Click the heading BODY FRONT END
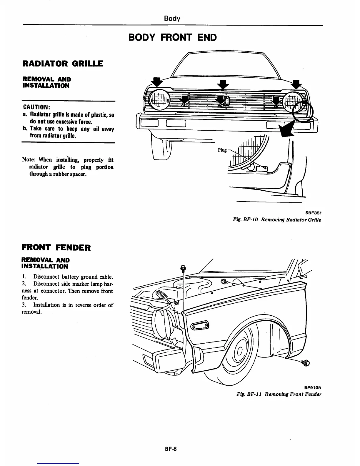tap(173, 37)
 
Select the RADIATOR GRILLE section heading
tap(62, 64)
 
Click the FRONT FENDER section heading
tap(56, 247)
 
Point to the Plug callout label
tap(222, 150)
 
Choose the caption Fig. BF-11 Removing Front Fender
tap(279, 394)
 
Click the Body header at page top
tap(172, 19)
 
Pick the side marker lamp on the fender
tap(200, 325)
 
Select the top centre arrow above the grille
tap(223, 85)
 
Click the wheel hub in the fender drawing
tap(239, 351)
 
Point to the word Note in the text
tap(28, 160)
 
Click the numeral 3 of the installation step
tap(24, 305)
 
